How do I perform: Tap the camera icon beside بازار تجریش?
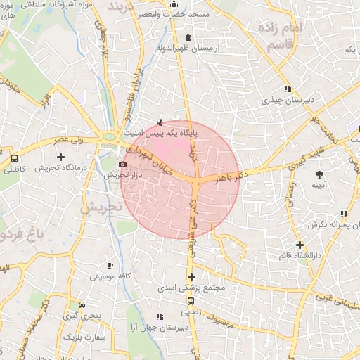click(124, 164)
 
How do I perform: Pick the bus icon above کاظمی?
click(15, 159)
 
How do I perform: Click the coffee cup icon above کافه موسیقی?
click(109, 265)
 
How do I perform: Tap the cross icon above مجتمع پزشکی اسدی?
click(191, 276)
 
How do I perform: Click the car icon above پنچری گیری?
click(83, 305)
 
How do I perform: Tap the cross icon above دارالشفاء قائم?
click(300, 244)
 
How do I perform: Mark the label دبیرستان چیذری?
click(285, 100)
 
